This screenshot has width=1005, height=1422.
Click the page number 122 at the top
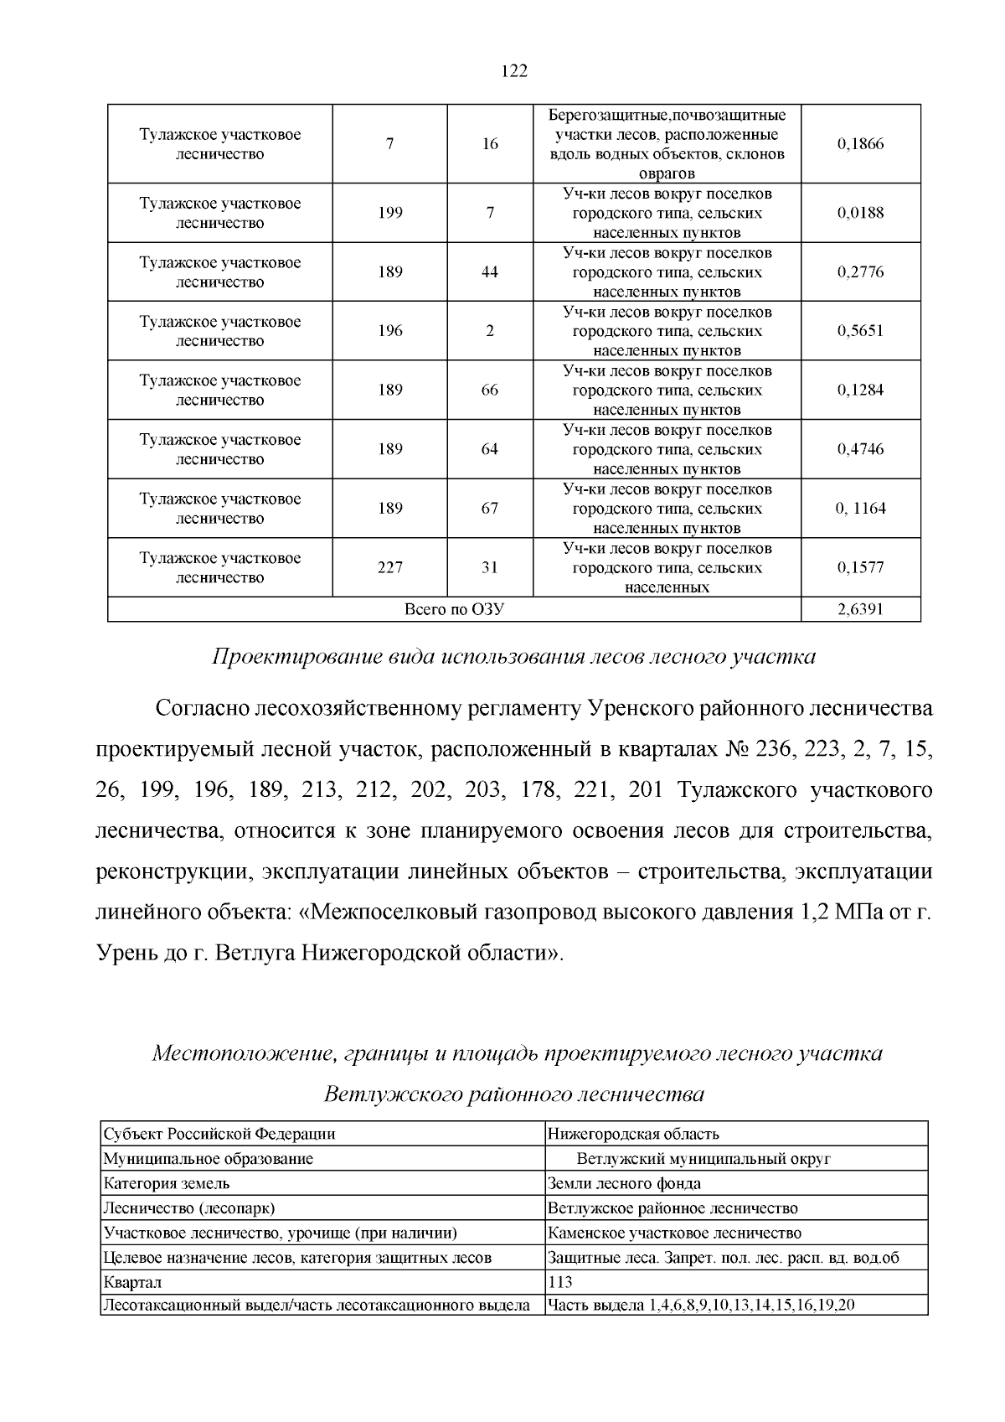[514, 71]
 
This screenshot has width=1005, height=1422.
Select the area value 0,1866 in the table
[860, 144]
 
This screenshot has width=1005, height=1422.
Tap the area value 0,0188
[860, 213]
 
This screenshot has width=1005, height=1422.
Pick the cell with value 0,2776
[860, 272]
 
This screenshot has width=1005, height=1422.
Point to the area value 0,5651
[860, 331]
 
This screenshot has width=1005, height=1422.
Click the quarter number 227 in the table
[390, 567]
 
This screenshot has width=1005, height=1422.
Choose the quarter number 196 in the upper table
[390, 331]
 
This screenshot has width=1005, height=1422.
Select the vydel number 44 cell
[490, 272]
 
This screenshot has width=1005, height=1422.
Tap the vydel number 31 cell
[490, 567]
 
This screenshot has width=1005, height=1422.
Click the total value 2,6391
[860, 609]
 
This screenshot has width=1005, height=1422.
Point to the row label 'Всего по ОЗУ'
[454, 609]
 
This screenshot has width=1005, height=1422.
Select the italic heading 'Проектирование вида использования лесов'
[513, 656]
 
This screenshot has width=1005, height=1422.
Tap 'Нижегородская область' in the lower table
[633, 1134]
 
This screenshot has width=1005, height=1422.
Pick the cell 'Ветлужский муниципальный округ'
[703, 1159]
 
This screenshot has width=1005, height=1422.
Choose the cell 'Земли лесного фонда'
[624, 1183]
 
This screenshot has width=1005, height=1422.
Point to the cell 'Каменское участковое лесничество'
[674, 1233]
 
